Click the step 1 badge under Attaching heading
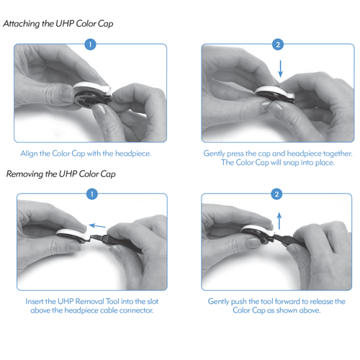[90, 45]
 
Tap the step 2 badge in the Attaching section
[278, 45]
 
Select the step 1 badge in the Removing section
[92, 194]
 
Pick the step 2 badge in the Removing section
[276, 194]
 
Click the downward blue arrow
[280, 69]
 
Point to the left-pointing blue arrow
[97, 226]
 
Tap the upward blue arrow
[279, 221]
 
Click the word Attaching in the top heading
[22, 24]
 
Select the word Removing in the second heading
[25, 174]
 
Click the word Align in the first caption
[29, 153]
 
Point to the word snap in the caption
[291, 163]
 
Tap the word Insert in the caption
[35, 301]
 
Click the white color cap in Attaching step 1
[93, 88]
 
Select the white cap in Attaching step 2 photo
[276, 92]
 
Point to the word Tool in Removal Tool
[112, 301]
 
